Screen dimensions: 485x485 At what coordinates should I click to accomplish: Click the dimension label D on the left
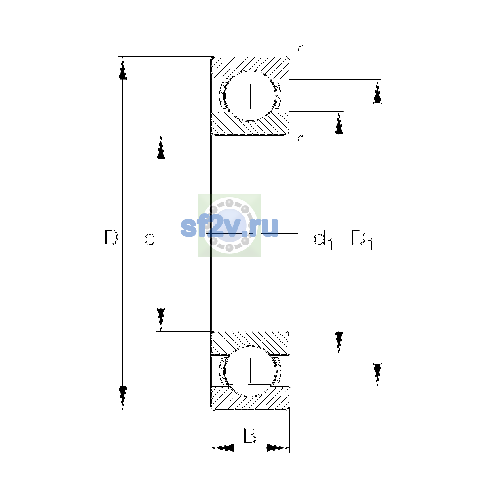(111, 237)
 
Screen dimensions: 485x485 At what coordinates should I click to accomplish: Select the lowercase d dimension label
(150, 237)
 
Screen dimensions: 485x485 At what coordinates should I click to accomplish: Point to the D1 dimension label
(363, 239)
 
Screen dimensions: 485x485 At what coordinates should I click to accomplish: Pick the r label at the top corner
(299, 50)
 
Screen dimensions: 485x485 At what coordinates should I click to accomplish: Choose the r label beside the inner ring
(299, 140)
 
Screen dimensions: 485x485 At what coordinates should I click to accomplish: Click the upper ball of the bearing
(250, 96)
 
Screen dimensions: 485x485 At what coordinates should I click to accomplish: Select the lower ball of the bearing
(250, 371)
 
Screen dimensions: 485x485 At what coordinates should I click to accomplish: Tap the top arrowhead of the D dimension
(122, 68)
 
